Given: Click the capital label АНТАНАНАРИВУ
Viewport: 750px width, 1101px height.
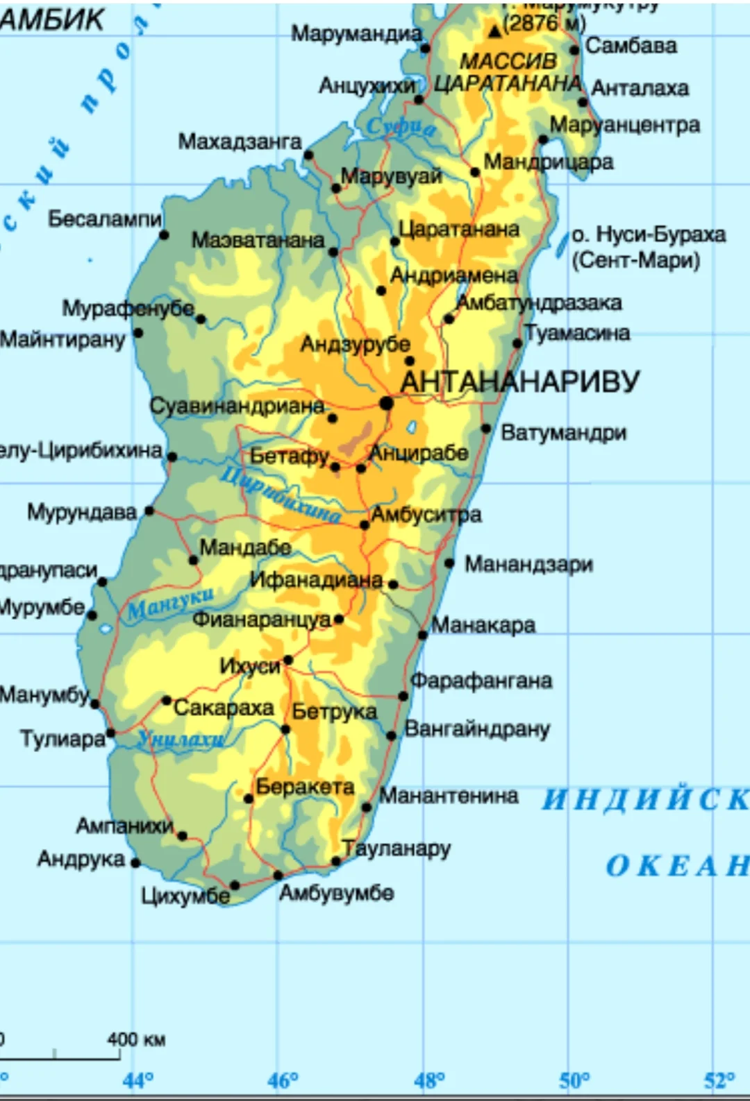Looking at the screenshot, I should coord(519,382).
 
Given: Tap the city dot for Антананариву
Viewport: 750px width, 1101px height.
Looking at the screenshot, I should coord(386,403).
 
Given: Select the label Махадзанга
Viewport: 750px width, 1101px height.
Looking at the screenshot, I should coord(240,142).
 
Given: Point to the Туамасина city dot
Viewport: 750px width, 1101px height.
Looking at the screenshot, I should coord(517,343).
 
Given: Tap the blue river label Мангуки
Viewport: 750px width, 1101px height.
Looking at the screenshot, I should coord(170,603).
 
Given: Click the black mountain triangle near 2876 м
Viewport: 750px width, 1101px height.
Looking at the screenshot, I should coord(494,31).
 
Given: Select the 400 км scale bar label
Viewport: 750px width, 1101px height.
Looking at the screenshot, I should coord(135,1039).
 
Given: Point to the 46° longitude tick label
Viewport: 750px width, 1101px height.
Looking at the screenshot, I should coord(283,1080).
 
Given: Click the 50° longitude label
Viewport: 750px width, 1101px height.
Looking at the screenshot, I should coord(575,1080).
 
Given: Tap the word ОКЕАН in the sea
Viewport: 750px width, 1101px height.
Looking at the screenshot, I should coord(677,866).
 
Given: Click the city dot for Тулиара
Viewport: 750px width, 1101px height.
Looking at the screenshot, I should coord(110,733).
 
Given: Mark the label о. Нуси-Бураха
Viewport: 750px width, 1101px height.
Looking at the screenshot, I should coord(648,234).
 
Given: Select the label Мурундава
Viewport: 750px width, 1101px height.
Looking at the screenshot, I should coord(82,512).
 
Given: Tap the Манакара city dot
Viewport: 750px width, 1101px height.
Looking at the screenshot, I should coord(422,635).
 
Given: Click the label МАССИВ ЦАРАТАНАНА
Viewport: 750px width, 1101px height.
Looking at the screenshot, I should coord(508,72).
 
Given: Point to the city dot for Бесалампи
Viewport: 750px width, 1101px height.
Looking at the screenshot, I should coord(164,235).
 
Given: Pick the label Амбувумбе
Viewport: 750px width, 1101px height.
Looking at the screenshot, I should coord(336,892).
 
